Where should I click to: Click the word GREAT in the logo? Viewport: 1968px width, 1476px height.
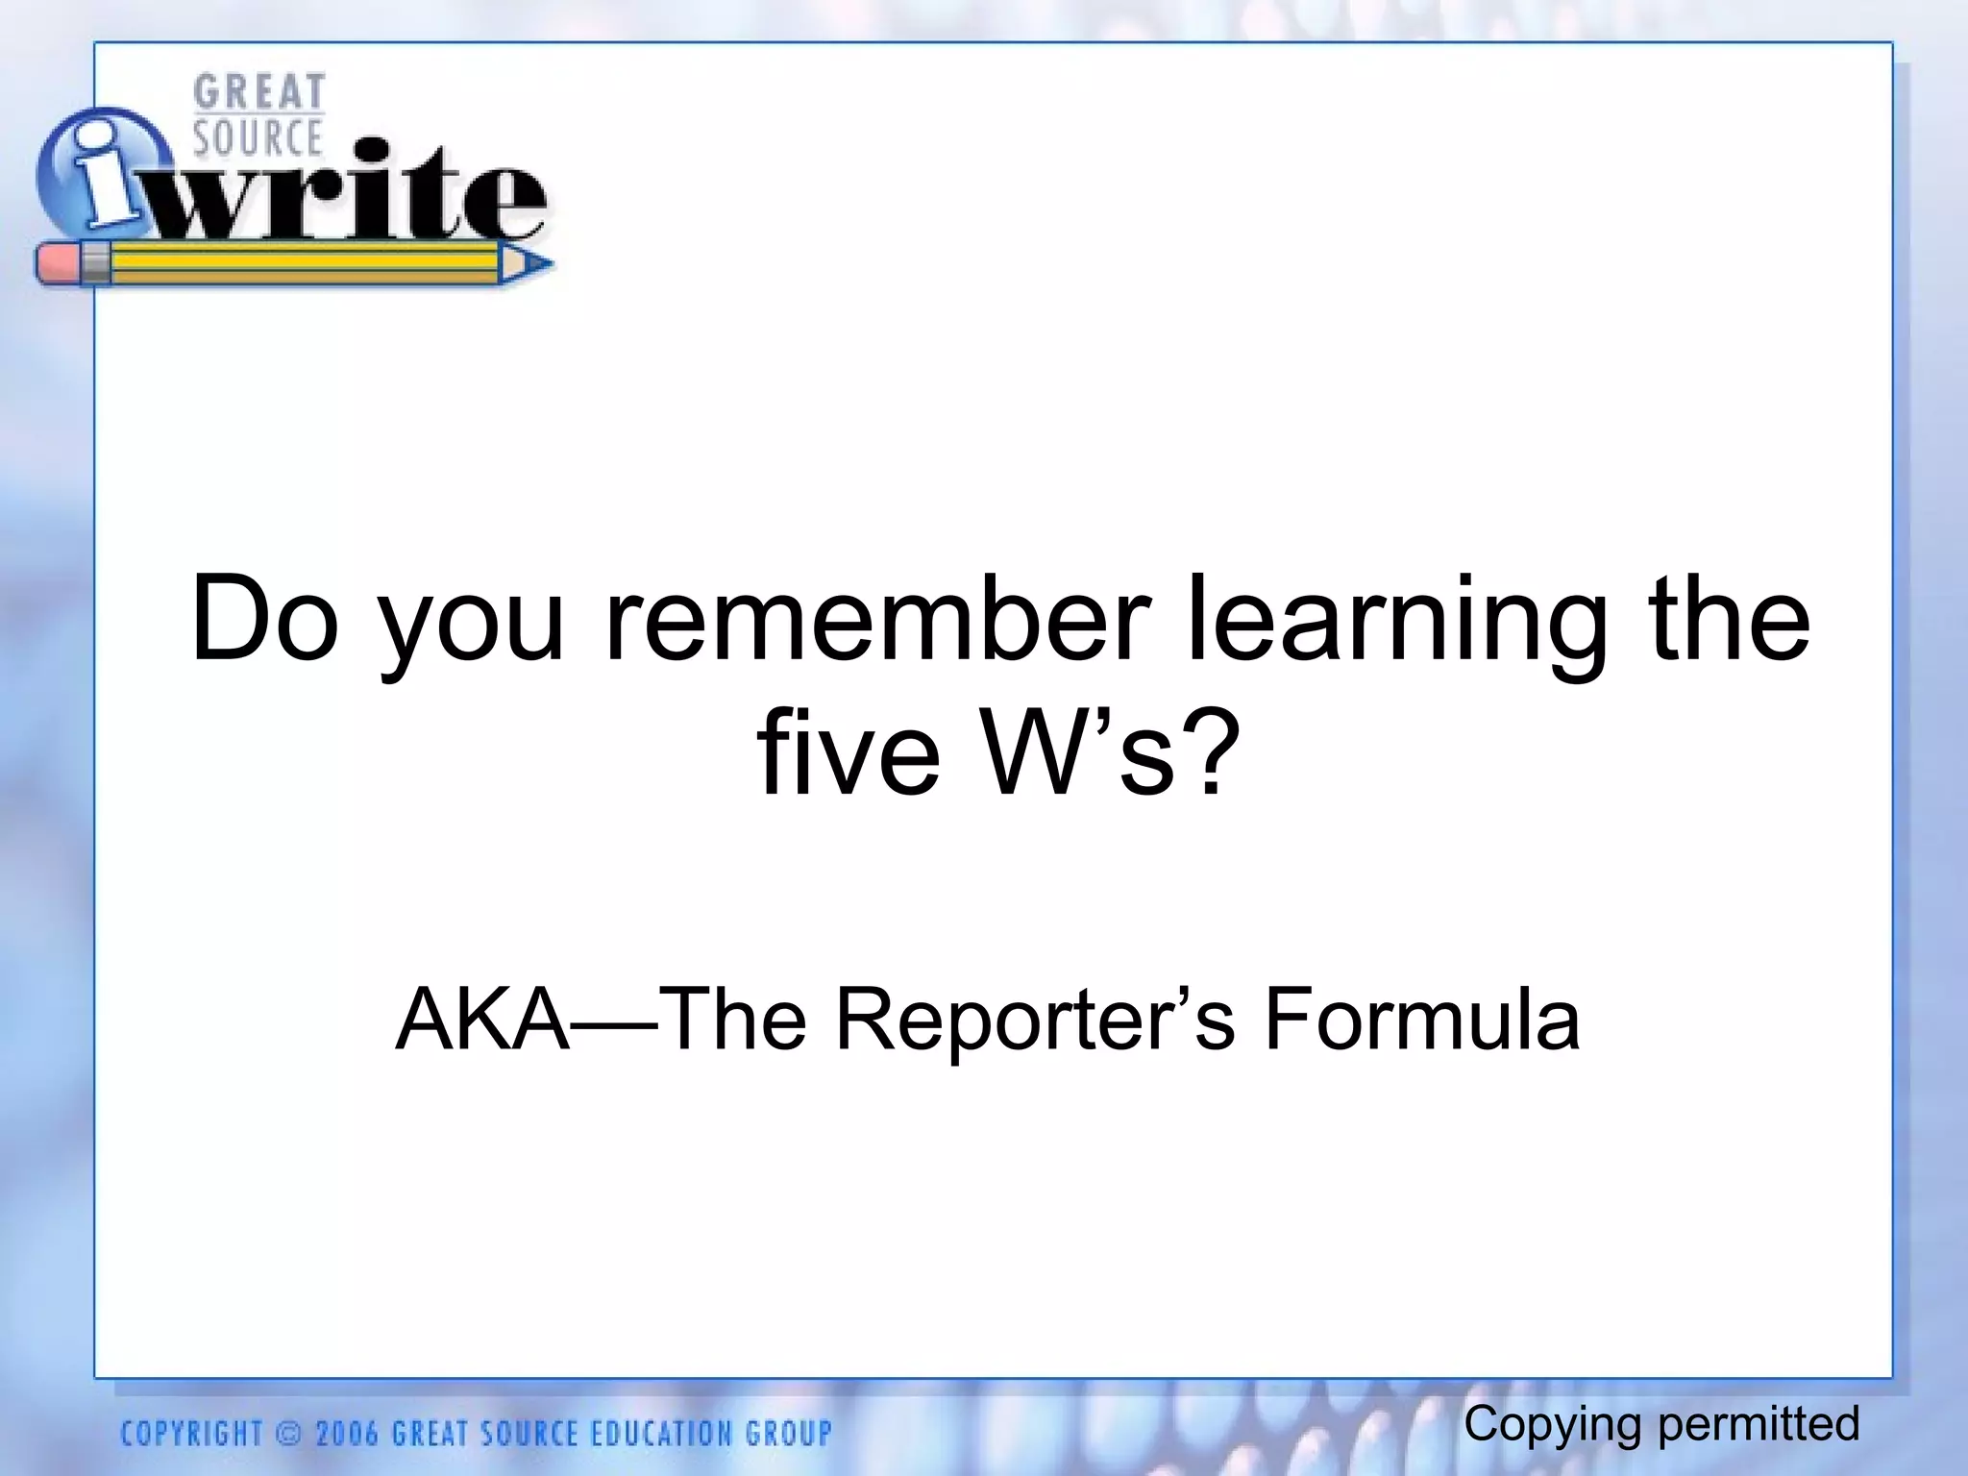(x=258, y=93)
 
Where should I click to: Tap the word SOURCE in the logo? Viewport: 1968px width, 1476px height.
(x=258, y=137)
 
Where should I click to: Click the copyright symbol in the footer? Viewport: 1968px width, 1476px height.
(x=287, y=1435)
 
